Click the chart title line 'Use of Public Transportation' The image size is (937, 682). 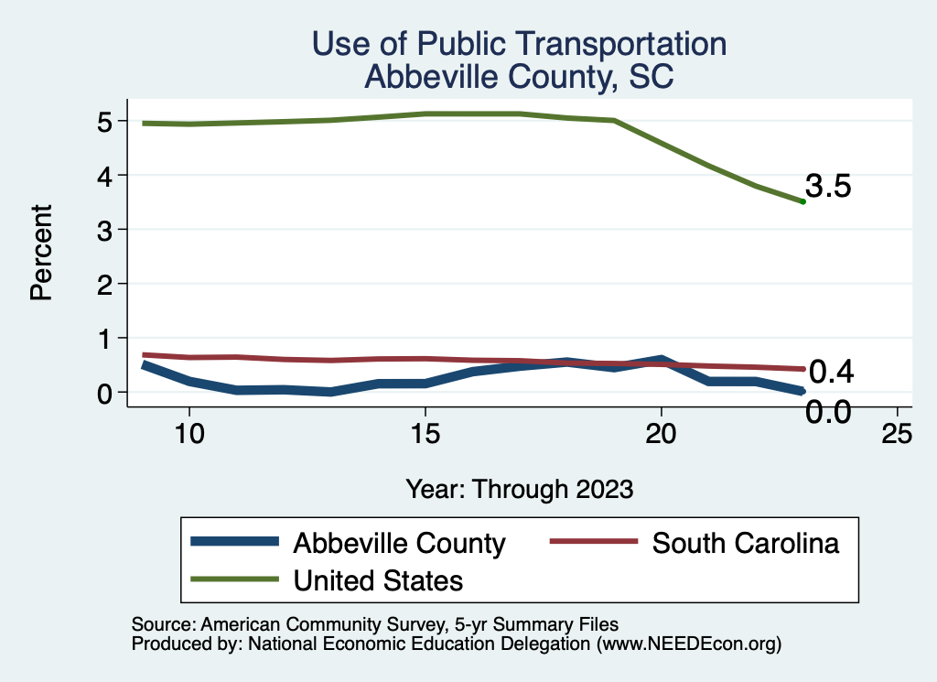tap(519, 44)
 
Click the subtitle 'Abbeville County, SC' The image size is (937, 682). tap(519, 77)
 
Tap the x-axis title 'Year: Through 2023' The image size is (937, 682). tap(519, 489)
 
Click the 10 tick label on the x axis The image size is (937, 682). tap(188, 435)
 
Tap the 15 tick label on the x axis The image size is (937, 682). tap(425, 435)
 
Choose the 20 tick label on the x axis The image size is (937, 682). tap(661, 435)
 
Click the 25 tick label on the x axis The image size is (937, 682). tap(897, 435)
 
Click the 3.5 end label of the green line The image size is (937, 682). tap(829, 187)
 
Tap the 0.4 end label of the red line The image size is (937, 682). tap(832, 372)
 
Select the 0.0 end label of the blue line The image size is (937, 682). tap(829, 413)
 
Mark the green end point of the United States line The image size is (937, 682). tap(802, 201)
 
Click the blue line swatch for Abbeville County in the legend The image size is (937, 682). tap(234, 542)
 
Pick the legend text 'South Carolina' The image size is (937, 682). tap(745, 543)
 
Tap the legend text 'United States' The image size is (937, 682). tap(378, 579)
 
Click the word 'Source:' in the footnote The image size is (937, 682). tap(161, 625)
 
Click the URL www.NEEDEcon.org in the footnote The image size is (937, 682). tap(689, 644)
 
